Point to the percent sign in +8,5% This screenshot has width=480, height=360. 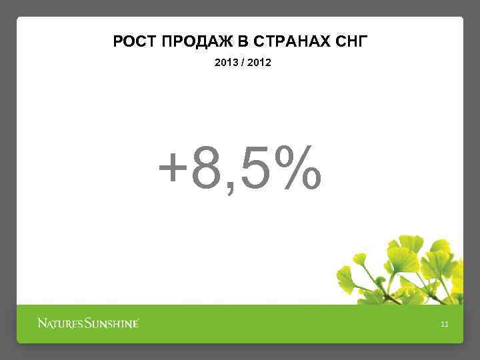(299, 167)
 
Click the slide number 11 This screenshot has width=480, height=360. (445, 325)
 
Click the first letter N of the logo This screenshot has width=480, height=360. (41, 324)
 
